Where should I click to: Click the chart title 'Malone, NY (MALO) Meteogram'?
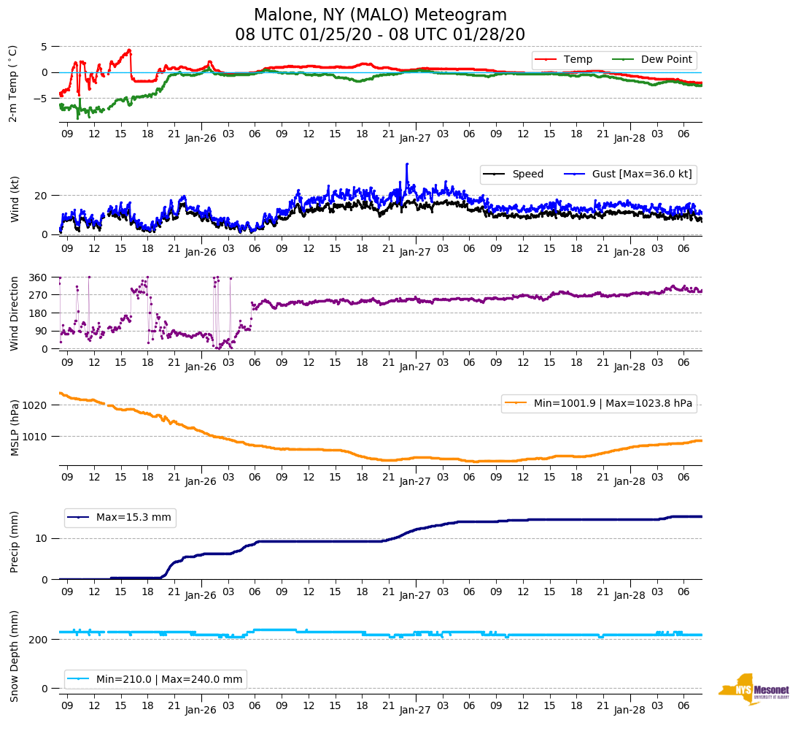pyautogui.click(x=380, y=15)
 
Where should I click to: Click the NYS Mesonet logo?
pyautogui.click(x=754, y=689)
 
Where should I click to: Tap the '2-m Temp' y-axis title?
pyautogui.click(x=12, y=83)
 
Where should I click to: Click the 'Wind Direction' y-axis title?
pyautogui.click(x=14, y=313)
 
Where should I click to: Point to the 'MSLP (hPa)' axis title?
pyautogui.click(x=14, y=428)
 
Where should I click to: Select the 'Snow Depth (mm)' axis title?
pyautogui.click(x=14, y=655)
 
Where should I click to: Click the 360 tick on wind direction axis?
pyautogui.click(x=38, y=278)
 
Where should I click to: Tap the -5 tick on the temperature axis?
pyautogui.click(x=43, y=98)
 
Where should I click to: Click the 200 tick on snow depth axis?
pyautogui.click(x=38, y=640)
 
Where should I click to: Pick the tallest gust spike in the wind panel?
pyautogui.click(x=407, y=164)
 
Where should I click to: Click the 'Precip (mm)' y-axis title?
pyautogui.click(x=14, y=543)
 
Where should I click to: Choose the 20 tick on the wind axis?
pyautogui.click(x=41, y=196)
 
